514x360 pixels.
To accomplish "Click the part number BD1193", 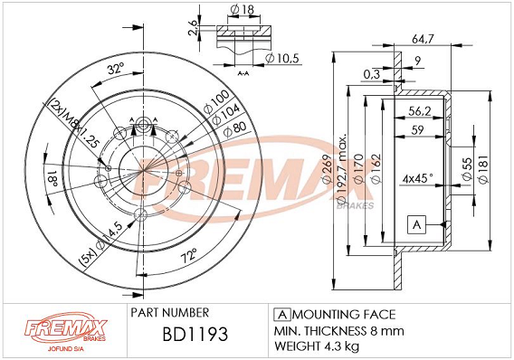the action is [195, 334].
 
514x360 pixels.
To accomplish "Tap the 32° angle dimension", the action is [116, 69].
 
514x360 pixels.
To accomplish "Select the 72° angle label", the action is [189, 255].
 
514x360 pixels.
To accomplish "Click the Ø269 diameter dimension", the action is [327, 169].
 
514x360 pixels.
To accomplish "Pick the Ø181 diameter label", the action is [483, 169].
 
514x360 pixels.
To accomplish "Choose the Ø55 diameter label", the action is [468, 169].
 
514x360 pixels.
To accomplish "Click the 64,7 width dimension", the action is [423, 39].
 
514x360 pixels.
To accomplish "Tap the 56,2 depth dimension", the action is [420, 111].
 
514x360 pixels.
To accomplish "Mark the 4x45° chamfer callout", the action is [418, 178].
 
